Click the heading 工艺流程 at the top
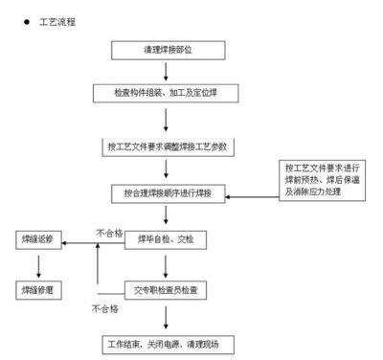pos(56,20)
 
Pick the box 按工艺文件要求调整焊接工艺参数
pos(167,147)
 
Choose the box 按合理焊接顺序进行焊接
pos(167,192)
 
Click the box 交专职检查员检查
pos(167,287)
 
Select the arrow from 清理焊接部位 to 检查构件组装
pos(167,70)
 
